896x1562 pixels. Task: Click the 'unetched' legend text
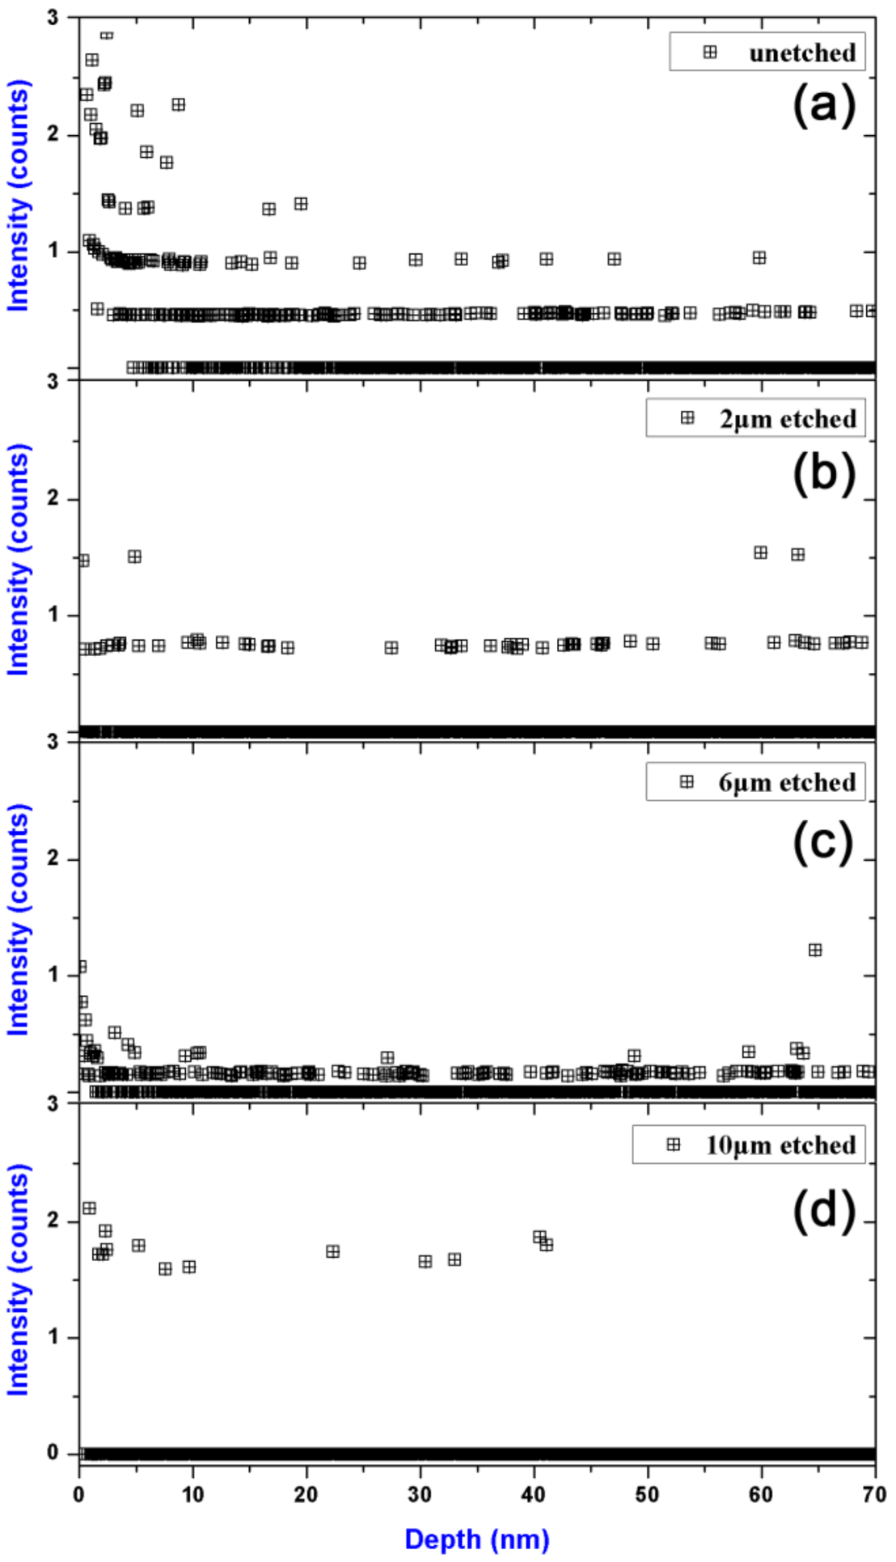click(801, 53)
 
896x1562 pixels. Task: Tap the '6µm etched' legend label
click(787, 782)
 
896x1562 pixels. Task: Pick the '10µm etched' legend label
click(780, 1145)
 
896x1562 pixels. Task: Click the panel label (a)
click(823, 106)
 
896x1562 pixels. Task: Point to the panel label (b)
click(823, 472)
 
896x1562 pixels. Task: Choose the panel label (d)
click(823, 1210)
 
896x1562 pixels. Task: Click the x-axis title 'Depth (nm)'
click(477, 1539)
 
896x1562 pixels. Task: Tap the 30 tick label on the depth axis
click(421, 1494)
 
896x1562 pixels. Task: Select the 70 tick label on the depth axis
click(874, 1494)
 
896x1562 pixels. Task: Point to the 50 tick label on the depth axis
click(648, 1494)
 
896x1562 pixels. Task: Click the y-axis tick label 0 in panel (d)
click(53, 1453)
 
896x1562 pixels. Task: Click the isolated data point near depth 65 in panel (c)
click(815, 950)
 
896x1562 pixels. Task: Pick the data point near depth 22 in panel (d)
click(332, 1251)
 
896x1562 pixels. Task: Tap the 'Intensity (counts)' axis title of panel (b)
click(19, 559)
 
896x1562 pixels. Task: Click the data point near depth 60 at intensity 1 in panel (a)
click(759, 258)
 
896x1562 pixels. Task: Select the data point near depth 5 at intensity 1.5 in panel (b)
click(135, 557)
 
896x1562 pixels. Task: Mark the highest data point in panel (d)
click(89, 1208)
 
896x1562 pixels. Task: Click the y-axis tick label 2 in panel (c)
click(53, 858)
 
